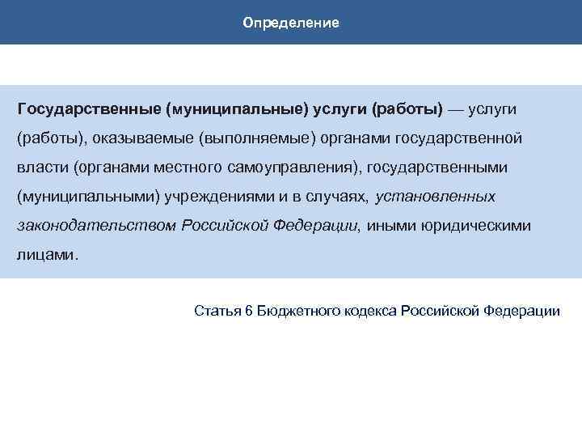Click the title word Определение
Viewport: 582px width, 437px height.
(x=291, y=22)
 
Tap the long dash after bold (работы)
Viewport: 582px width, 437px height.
(x=462, y=108)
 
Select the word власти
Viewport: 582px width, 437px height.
(x=41, y=167)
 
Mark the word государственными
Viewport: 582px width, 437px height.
(x=448, y=167)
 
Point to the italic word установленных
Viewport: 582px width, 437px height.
(x=436, y=197)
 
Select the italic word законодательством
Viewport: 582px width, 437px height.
(x=96, y=226)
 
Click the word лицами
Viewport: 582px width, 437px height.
(x=47, y=255)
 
